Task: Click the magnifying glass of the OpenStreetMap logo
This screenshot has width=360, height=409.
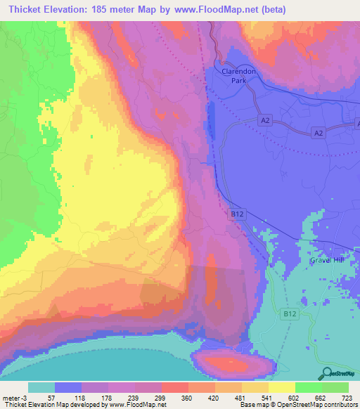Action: pos(326,373)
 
